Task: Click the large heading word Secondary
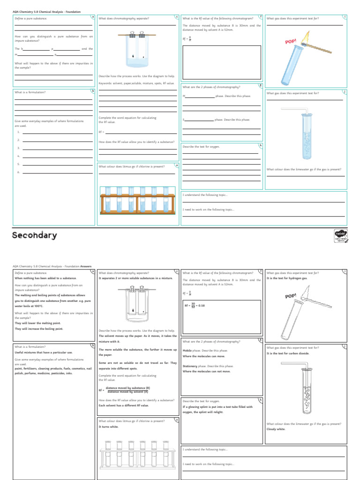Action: (35, 235)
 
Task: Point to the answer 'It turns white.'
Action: (108, 427)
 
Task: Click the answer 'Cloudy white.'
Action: (276, 429)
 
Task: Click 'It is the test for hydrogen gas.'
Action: (287, 278)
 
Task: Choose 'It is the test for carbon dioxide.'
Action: (288, 353)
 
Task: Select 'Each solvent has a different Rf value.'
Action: (124, 405)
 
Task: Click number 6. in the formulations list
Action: (18, 172)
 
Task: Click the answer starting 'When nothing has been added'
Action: (45, 278)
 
